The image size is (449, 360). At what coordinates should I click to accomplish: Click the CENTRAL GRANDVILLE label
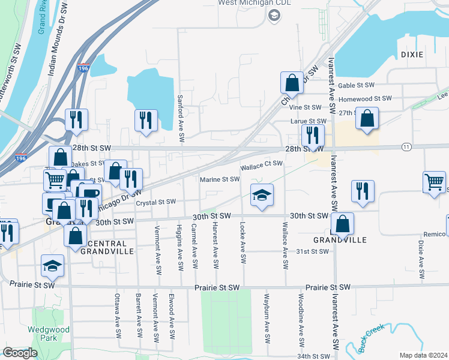pyautogui.click(x=107, y=248)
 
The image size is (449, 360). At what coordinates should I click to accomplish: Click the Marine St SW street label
pyautogui.click(x=220, y=179)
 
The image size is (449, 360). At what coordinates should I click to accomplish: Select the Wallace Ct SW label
pyautogui.click(x=262, y=163)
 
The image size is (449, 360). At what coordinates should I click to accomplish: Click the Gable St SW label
pyautogui.click(x=356, y=86)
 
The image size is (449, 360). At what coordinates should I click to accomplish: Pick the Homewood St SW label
pyautogui.click(x=365, y=98)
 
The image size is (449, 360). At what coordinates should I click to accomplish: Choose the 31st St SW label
pyautogui.click(x=312, y=251)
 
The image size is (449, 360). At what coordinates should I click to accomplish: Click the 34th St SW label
pyautogui.click(x=313, y=356)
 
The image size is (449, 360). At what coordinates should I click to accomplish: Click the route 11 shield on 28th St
pyautogui.click(x=406, y=146)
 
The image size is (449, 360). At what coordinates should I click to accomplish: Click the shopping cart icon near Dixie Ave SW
pyautogui.click(x=434, y=181)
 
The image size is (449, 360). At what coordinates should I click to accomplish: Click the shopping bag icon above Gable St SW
pyautogui.click(x=291, y=82)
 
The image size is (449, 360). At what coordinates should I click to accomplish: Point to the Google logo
pyautogui.click(x=20, y=353)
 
